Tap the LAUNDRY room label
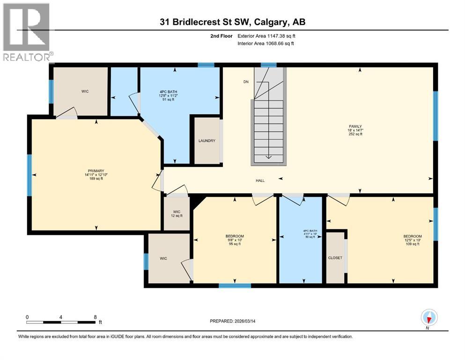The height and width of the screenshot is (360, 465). tap(207, 141)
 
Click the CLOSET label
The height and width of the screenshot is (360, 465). tap(335, 258)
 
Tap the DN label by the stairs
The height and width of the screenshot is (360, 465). tap(246, 82)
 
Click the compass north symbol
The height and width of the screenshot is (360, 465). tap(428, 318)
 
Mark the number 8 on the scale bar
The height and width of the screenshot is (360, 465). tap(95, 317)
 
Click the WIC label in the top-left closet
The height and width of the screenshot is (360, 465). tap(84, 91)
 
